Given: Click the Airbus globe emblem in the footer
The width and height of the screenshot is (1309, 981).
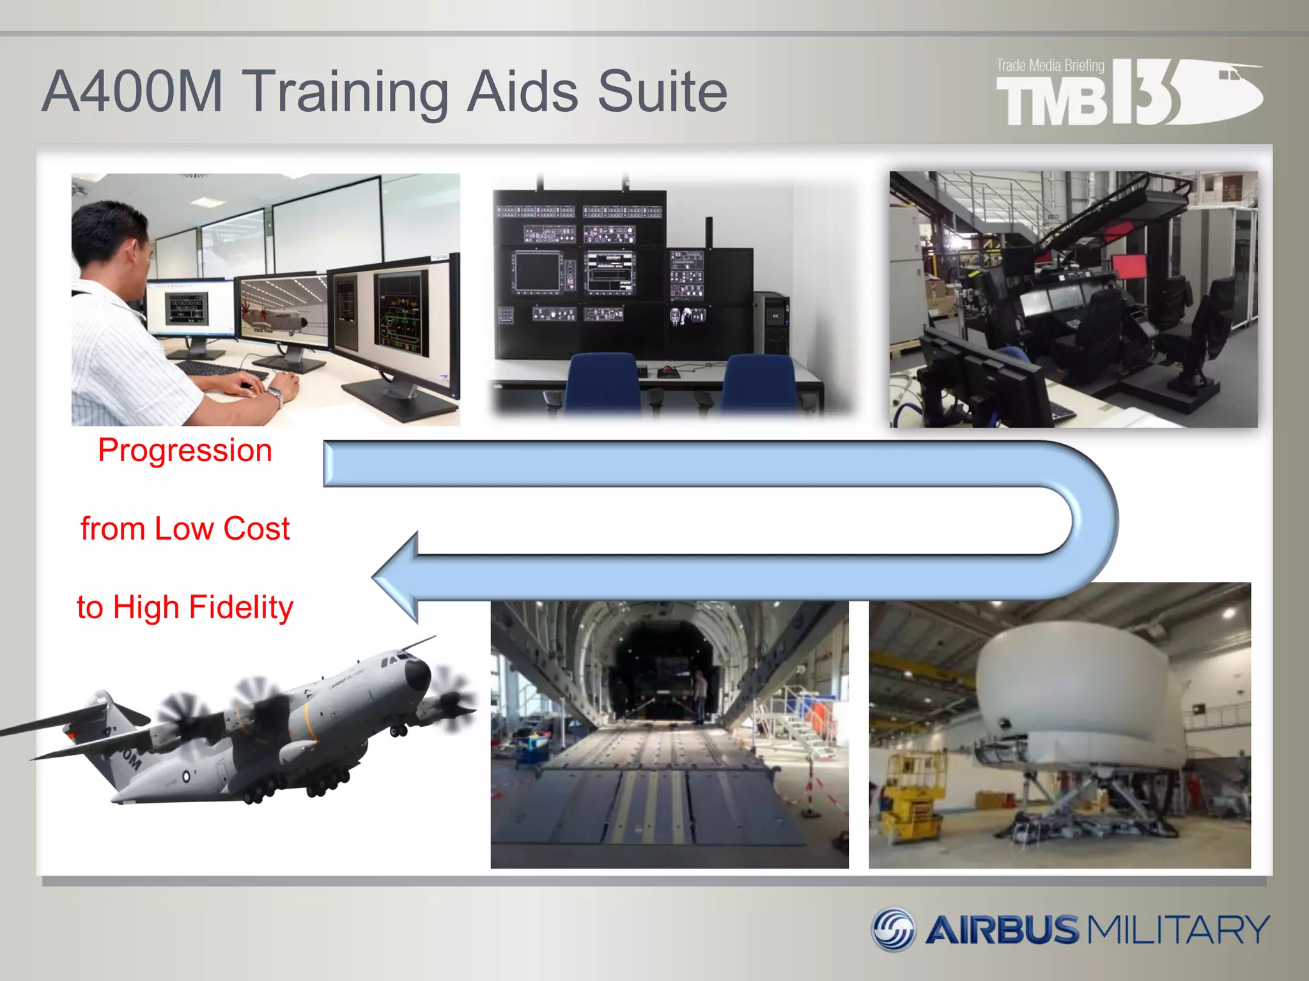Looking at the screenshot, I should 894,929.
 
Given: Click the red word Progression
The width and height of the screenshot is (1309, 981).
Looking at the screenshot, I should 185,450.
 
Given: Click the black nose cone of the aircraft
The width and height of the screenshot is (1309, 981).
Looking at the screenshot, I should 419,674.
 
